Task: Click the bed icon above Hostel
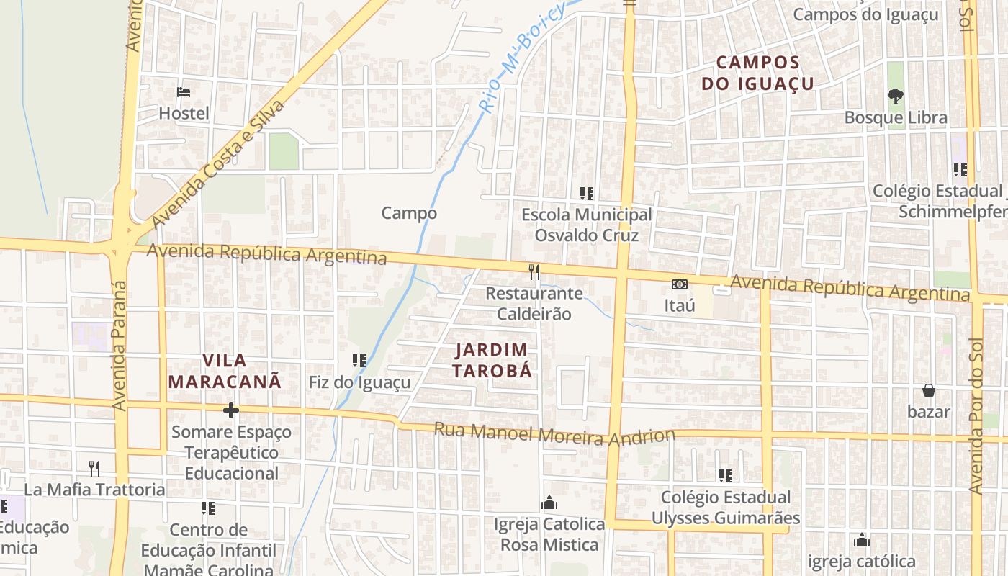tap(184, 92)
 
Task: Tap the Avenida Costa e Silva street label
tap(219, 164)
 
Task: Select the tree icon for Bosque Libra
tap(895, 96)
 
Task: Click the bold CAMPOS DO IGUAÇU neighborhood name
tap(757, 73)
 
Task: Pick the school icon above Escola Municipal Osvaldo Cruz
tap(587, 193)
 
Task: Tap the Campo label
tap(409, 213)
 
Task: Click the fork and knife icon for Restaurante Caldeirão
tap(534, 271)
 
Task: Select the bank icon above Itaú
tap(680, 284)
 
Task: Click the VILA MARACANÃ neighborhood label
tap(225, 370)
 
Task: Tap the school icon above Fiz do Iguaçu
tap(359, 361)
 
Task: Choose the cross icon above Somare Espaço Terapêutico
tap(231, 410)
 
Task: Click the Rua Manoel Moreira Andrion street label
tap(554, 434)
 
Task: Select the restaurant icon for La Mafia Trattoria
tap(94, 468)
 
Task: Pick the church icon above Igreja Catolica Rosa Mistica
tap(549, 503)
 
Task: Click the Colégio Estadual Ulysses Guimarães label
tap(726, 508)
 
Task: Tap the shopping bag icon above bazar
tap(929, 390)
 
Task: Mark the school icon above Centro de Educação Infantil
tap(208, 508)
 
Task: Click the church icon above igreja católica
tap(862, 540)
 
